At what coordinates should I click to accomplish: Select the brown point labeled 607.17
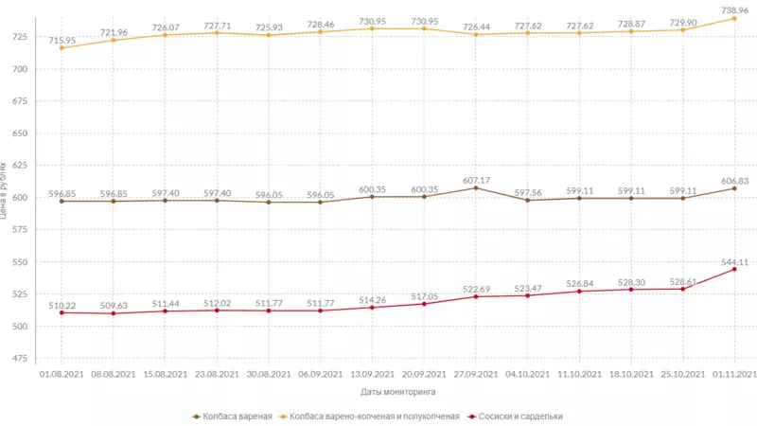[x=475, y=187]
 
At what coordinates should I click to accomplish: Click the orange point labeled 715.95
[x=62, y=47]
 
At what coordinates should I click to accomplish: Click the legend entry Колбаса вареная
[x=233, y=416]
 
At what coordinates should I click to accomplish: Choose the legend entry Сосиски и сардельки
[x=521, y=416]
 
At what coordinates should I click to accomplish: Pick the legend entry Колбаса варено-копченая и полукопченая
[x=374, y=416]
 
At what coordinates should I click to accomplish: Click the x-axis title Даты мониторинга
[x=397, y=391]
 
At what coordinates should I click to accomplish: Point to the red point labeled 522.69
[x=475, y=296]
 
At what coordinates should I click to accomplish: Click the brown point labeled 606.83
[x=734, y=187]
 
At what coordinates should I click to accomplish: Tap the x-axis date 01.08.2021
[x=62, y=375]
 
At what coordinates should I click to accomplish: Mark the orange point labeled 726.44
[x=475, y=34]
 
